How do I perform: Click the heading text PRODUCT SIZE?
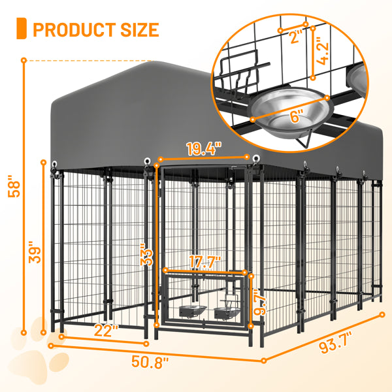pos(95,29)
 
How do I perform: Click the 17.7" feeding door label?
pos(206,262)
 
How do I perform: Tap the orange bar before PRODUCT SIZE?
pos(21,29)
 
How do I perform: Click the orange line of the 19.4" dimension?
pos(203,157)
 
